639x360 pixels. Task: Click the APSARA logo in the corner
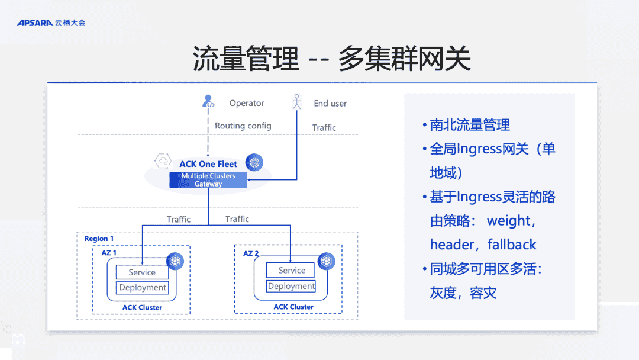pos(51,22)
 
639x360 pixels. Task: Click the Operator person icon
pos(208,102)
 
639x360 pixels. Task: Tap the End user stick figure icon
pos(297,102)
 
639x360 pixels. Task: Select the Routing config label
pos(243,126)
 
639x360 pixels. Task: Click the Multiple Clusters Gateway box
pos(208,180)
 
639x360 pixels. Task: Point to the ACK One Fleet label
pos(208,164)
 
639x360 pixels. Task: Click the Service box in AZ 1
pos(142,272)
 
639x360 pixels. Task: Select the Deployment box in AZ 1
pos(143,288)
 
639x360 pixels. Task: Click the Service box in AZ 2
pos(292,271)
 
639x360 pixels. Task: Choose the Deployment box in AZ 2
pos(291,286)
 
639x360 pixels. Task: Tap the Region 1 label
pos(99,239)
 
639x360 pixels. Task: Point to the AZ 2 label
pos(251,253)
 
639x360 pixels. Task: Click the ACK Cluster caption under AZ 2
pos(293,307)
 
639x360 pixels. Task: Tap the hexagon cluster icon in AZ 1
pos(175,261)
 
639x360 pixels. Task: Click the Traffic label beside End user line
pos(324,127)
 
